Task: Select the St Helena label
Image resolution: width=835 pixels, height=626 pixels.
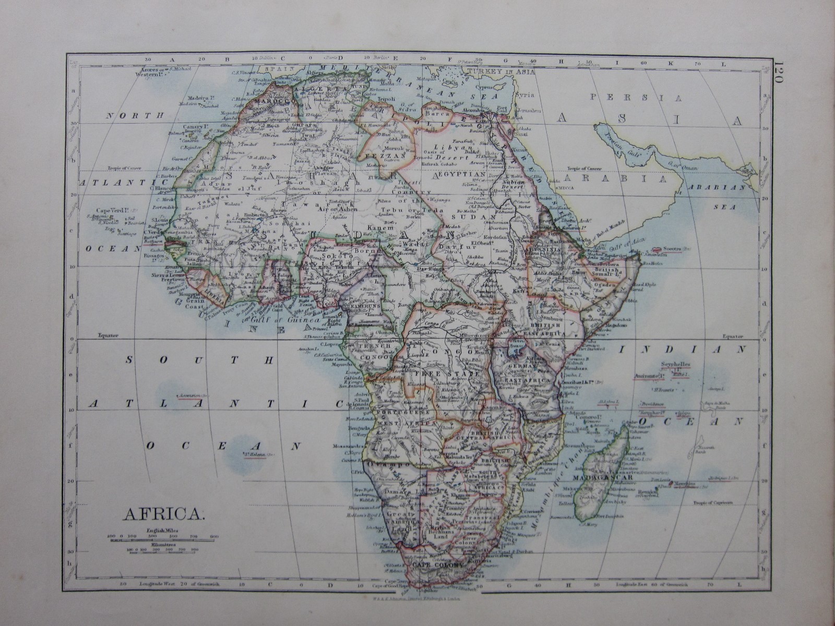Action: pos(254,454)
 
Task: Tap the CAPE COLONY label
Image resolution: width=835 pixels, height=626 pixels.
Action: pos(436,565)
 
